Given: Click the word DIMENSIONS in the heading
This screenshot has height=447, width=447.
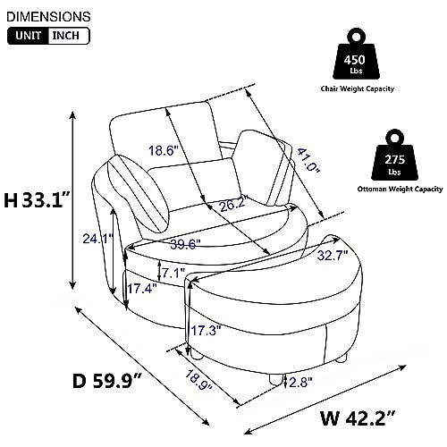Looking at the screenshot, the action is (48, 17).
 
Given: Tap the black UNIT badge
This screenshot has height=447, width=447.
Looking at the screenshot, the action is (29, 36).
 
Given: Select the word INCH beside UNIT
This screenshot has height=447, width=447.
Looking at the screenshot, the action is (66, 36).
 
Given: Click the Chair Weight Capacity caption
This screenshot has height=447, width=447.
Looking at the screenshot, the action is (358, 89).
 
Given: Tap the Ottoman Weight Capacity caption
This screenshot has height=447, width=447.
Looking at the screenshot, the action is (401, 189).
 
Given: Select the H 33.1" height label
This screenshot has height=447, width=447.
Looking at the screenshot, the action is (38, 199).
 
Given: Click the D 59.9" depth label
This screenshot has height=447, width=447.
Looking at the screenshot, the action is (106, 381).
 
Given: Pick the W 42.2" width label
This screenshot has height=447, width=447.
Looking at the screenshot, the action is (358, 418).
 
